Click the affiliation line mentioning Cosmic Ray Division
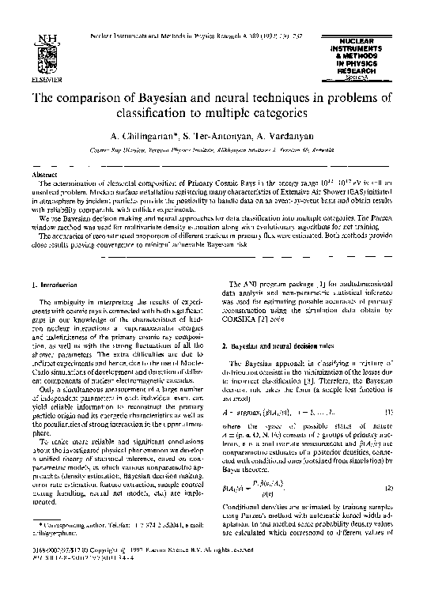click(x=213, y=149)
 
